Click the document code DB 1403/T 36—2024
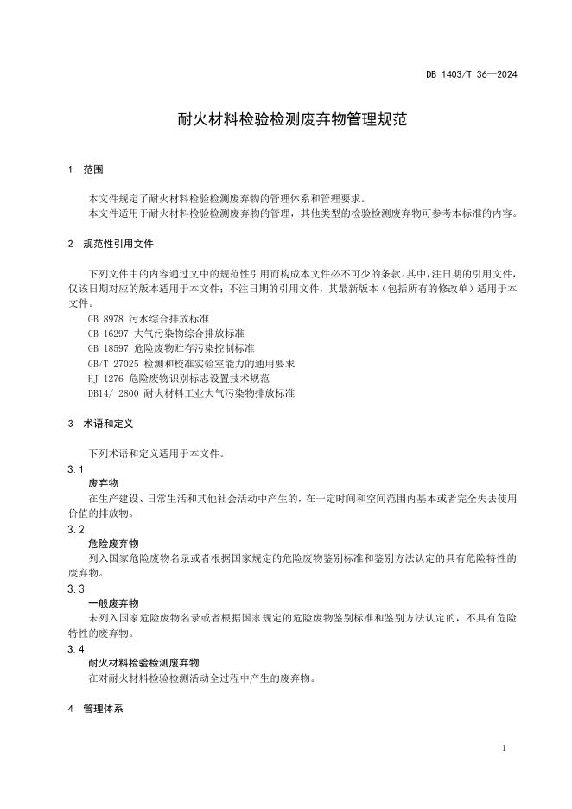[x=471, y=75]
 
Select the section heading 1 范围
[x=86, y=170]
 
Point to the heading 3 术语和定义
[x=100, y=424]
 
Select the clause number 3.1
[x=75, y=468]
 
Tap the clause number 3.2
[x=75, y=528]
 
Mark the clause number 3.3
[x=75, y=589]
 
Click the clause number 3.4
[x=75, y=648]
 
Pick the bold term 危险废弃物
[x=113, y=543]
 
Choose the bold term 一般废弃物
[x=113, y=603]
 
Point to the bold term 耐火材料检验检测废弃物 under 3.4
[x=143, y=663]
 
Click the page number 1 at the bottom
[x=504, y=748]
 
